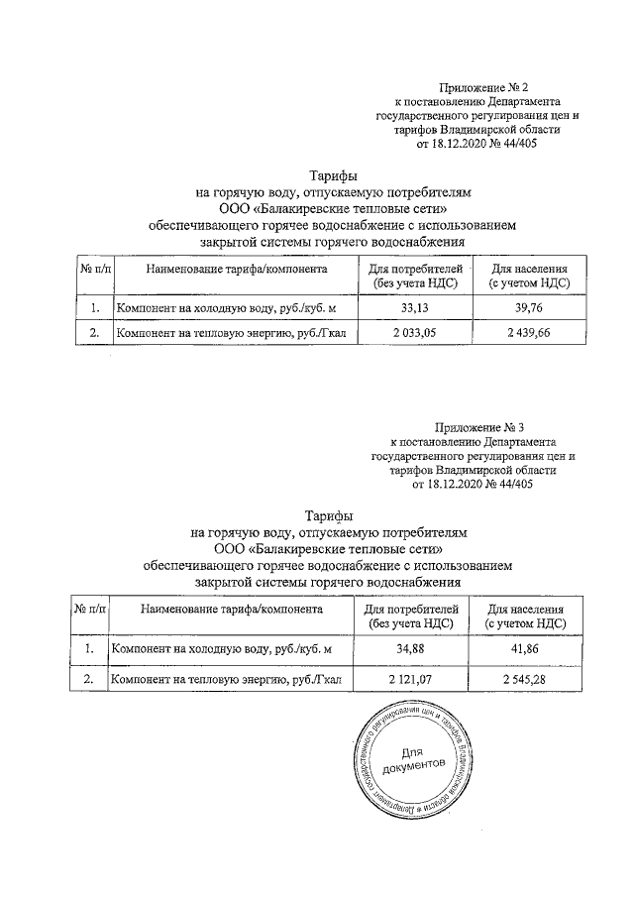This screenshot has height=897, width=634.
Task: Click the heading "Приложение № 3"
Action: pyautogui.click(x=480, y=427)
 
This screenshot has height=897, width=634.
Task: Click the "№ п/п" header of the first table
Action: pyautogui.click(x=95, y=269)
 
